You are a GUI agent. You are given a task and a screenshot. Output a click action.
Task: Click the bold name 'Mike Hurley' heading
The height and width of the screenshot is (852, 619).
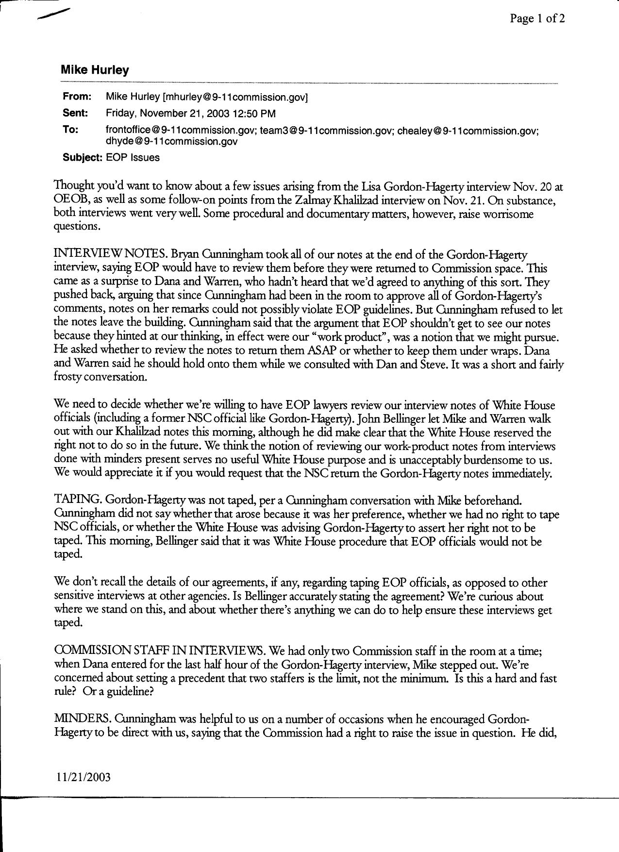pos(95,70)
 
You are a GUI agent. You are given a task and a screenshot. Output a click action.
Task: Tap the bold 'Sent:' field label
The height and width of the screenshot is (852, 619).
pos(75,114)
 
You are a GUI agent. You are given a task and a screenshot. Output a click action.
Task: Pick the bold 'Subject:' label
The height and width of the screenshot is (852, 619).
pos(83,158)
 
